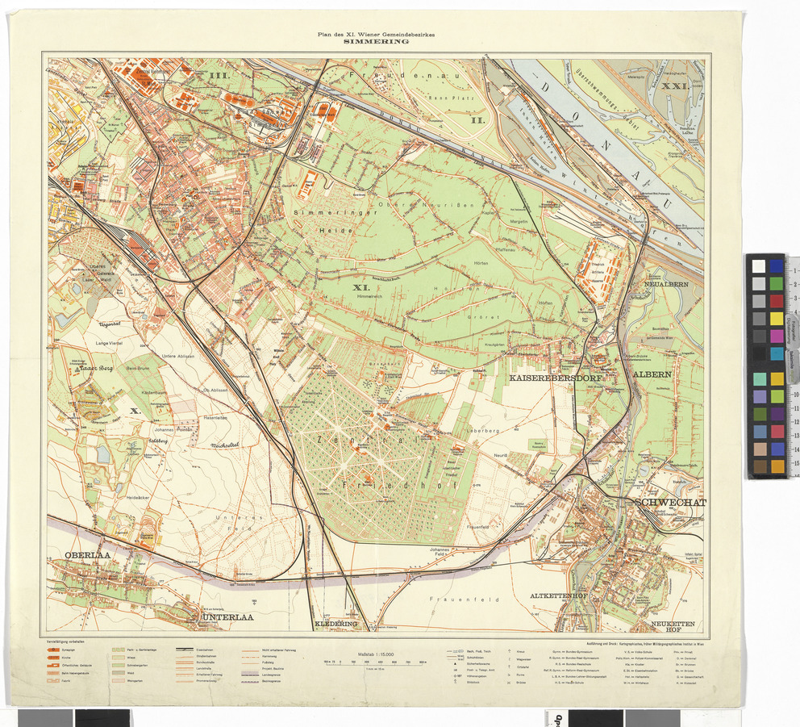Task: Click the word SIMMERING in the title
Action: (x=376, y=43)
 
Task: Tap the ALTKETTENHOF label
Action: (x=563, y=595)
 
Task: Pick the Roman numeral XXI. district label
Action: (x=673, y=85)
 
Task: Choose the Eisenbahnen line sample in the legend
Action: (x=186, y=650)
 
